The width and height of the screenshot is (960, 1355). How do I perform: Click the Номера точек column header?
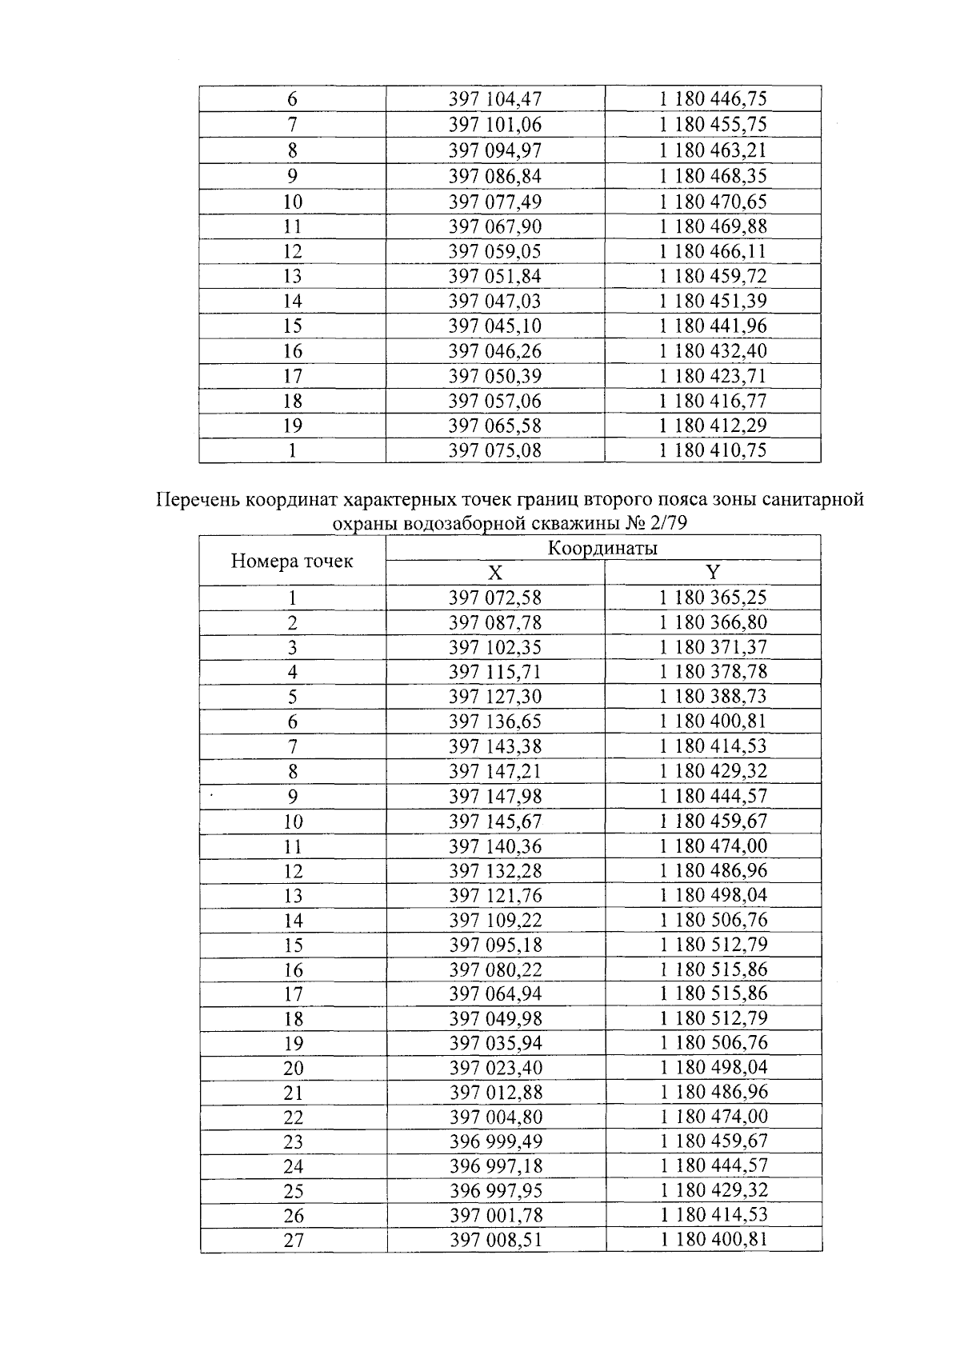click(x=292, y=561)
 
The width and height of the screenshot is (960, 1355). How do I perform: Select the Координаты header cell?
click(x=603, y=548)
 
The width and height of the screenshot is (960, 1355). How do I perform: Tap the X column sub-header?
click(x=495, y=573)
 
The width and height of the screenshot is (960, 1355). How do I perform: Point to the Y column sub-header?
click(x=713, y=572)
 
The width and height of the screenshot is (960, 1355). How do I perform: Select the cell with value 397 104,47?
click(x=495, y=99)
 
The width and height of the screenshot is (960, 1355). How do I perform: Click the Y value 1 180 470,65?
click(x=713, y=201)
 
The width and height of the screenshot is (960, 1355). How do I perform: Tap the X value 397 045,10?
click(x=495, y=326)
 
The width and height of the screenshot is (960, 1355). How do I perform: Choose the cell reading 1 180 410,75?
click(x=713, y=450)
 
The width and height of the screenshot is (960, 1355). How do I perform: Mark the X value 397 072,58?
click(x=495, y=598)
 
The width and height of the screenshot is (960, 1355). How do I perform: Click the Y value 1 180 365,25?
click(x=713, y=598)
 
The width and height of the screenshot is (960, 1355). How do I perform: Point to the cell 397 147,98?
click(x=495, y=797)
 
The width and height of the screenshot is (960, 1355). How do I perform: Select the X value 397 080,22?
click(x=495, y=969)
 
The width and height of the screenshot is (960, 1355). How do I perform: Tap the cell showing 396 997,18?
click(x=495, y=1166)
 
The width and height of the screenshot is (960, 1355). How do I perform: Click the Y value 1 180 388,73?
click(x=713, y=697)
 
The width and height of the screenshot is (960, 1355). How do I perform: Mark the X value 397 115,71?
click(x=495, y=672)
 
